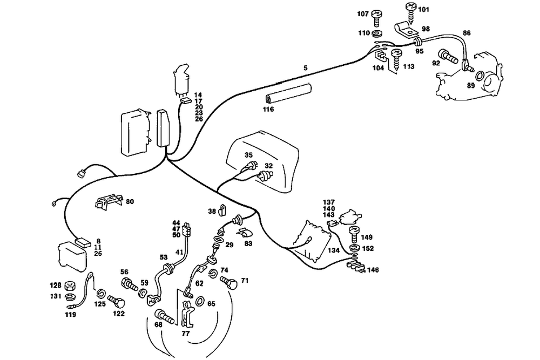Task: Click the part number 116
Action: [268, 110]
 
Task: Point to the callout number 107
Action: [363, 14]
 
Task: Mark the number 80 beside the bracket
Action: [130, 201]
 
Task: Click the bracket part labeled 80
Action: [109, 201]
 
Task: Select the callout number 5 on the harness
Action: [305, 68]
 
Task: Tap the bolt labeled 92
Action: [448, 57]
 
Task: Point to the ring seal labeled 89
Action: [480, 76]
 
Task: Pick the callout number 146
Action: [373, 270]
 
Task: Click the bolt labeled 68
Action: [165, 316]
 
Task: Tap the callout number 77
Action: [186, 334]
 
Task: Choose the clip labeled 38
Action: [222, 209]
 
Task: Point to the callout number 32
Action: [268, 166]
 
